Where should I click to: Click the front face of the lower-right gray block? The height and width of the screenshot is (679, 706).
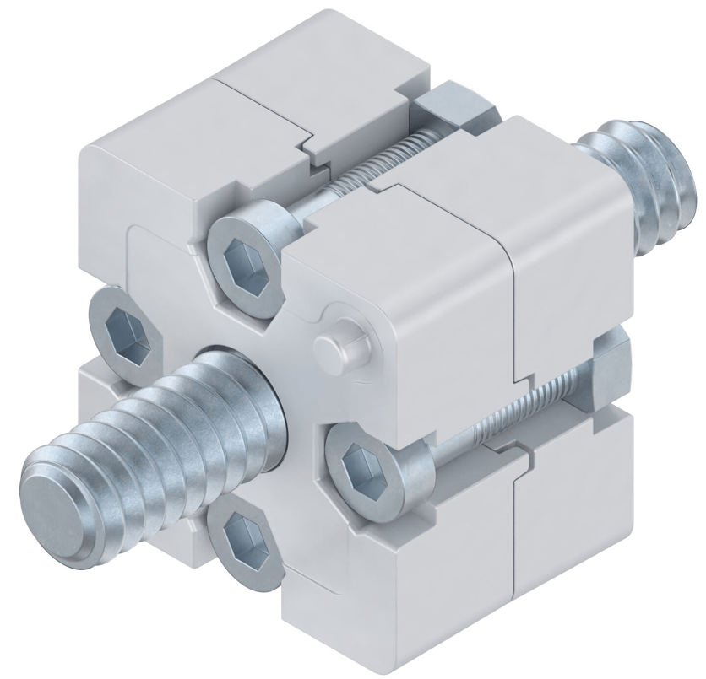[x=422, y=574]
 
